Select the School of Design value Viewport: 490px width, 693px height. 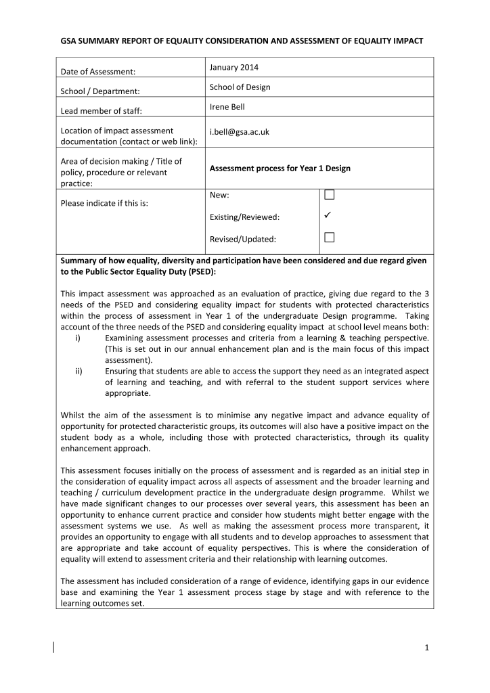[240, 87]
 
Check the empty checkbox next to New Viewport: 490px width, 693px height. [330, 195]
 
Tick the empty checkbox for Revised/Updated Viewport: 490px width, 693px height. [330, 238]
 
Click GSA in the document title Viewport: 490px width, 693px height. [70, 41]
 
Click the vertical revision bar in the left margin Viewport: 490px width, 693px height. [53, 647]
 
